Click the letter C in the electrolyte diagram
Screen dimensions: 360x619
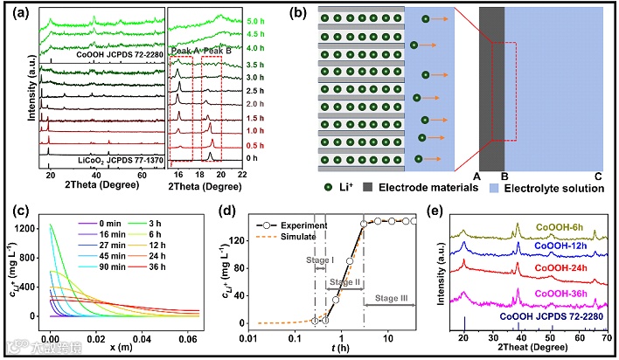pyautogui.click(x=598, y=175)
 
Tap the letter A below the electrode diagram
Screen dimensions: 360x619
pyautogui.click(x=476, y=175)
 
